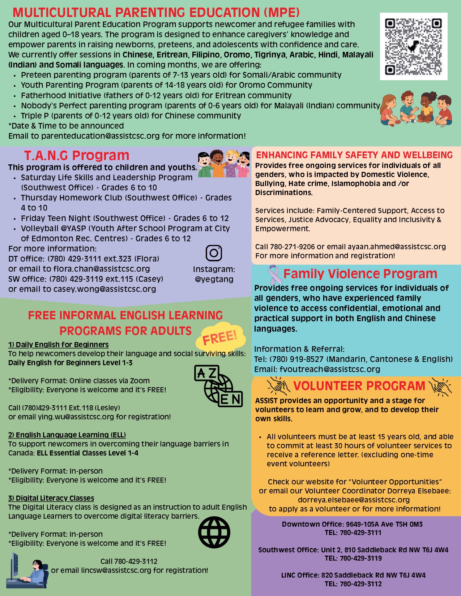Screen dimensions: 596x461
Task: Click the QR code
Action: click(414, 46)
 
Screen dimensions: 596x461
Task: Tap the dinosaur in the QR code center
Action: click(413, 46)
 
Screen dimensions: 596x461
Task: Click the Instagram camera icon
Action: click(214, 253)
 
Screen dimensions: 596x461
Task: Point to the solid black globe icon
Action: click(214, 532)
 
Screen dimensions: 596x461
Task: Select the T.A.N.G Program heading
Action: click(77, 155)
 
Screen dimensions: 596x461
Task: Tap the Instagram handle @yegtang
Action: click(214, 279)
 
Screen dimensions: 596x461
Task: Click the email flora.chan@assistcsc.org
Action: click(102, 269)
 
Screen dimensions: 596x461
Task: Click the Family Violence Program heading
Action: click(360, 274)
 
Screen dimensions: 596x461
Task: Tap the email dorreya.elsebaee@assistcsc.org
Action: click(354, 500)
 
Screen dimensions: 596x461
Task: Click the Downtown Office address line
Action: click(352, 524)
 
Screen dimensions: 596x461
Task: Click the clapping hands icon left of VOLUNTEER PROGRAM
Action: click(279, 386)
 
